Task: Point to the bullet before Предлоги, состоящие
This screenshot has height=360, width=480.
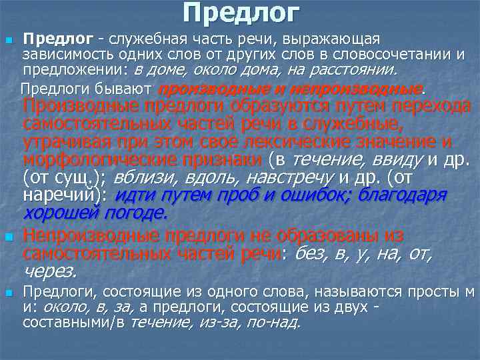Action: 8,293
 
